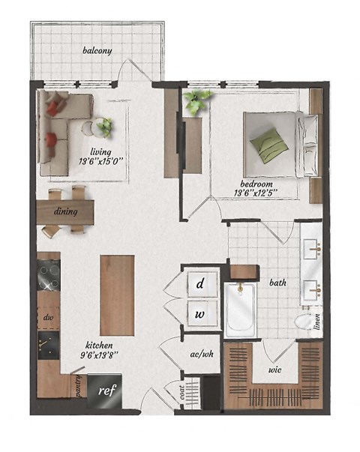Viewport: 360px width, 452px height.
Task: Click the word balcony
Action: pyautogui.click(x=97, y=51)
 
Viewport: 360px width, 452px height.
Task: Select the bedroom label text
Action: pyautogui.click(x=256, y=184)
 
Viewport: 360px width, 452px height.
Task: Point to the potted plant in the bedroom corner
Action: pyautogui.click(x=197, y=100)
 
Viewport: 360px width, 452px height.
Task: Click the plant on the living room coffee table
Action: pyautogui.click(x=104, y=127)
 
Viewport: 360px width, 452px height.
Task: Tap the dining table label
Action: pyautogui.click(x=66, y=211)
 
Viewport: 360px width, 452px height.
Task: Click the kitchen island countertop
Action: pyautogui.click(x=117, y=295)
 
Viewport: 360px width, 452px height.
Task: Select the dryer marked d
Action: pyautogui.click(x=200, y=283)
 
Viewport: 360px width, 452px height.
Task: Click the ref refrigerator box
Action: pyautogui.click(x=104, y=390)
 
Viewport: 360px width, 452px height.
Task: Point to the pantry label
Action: pyautogui.click(x=78, y=385)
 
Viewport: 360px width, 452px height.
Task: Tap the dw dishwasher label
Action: pyautogui.click(x=48, y=317)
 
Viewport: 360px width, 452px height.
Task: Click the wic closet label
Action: pyautogui.click(x=274, y=370)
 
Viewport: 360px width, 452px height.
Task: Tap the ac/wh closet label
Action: pyautogui.click(x=202, y=354)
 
